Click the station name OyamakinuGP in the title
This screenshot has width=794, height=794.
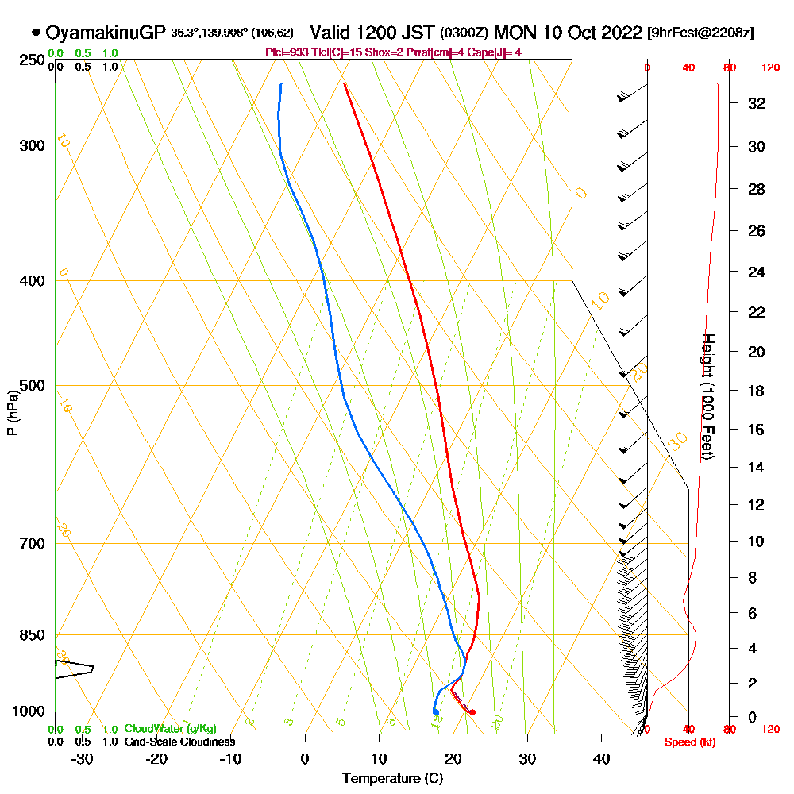click(x=106, y=33)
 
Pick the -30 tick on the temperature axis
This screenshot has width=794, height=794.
click(x=83, y=758)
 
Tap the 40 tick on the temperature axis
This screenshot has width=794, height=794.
click(x=602, y=758)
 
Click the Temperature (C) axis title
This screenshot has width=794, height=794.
click(x=392, y=778)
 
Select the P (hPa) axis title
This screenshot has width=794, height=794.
click(x=13, y=412)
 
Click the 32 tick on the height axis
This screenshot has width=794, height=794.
click(x=757, y=103)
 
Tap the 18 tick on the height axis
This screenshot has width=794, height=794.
click(x=757, y=391)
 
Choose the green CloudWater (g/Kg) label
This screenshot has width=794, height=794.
click(x=170, y=729)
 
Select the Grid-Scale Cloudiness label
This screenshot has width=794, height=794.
click(x=179, y=742)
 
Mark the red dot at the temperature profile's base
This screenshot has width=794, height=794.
click(x=472, y=712)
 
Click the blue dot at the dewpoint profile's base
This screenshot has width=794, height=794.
click(x=435, y=711)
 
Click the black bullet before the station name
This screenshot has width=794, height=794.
click(x=36, y=33)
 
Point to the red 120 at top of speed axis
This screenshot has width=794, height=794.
click(x=769, y=68)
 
